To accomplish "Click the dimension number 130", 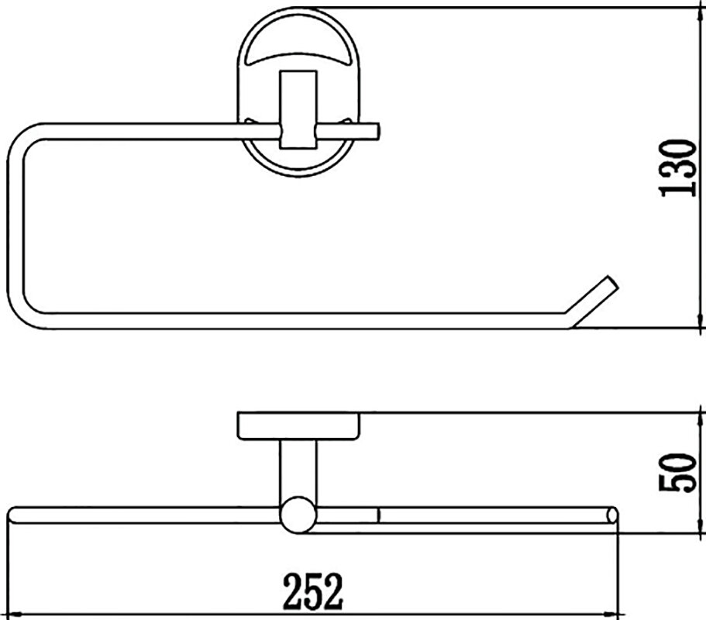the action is (x=678, y=167).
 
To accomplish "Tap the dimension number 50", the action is (x=678, y=472).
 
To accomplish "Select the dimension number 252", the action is (x=313, y=591).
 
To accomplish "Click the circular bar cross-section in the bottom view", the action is (x=297, y=515).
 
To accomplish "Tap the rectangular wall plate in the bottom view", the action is (x=298, y=425).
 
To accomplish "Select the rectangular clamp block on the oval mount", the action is (x=298, y=109).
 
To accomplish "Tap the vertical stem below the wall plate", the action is (x=298, y=468).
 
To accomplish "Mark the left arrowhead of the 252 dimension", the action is (x=13, y=614).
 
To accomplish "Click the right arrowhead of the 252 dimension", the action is (x=612, y=614).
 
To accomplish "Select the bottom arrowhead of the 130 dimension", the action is (x=701, y=321).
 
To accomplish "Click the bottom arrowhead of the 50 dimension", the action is (x=701, y=525).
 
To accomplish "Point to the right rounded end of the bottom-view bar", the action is (x=612, y=515).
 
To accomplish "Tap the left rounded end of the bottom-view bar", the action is (x=12, y=515).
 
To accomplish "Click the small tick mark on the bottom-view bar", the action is (x=380, y=515).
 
